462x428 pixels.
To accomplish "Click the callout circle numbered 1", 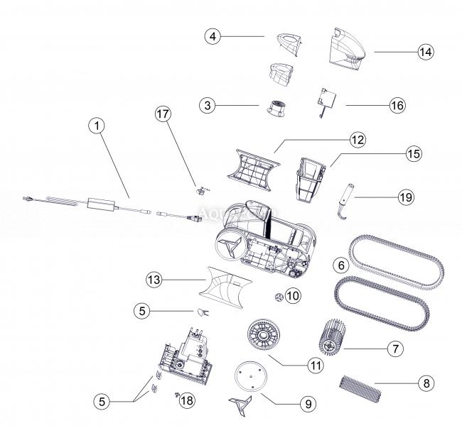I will click(97, 126).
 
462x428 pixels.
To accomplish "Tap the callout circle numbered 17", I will click(163, 114).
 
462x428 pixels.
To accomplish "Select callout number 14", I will click(426, 52).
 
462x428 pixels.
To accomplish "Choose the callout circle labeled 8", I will click(426, 384).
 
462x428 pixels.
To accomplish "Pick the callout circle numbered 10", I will click(294, 295).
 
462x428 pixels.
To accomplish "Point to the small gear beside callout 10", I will click(277, 295).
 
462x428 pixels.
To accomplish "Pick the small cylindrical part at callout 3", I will click(276, 109).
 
